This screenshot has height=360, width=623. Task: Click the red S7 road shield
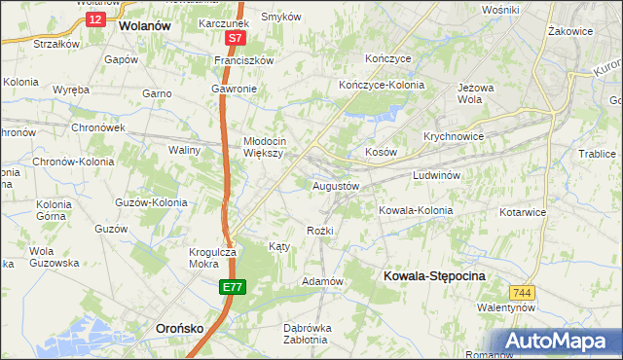coord(234,39)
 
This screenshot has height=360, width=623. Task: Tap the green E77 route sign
coord(232,287)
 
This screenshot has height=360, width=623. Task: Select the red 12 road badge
coord(93,18)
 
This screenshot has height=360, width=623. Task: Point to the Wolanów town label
coord(144,27)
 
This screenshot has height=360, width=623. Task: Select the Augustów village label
coord(336,185)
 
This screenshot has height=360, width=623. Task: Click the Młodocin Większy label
coord(263,145)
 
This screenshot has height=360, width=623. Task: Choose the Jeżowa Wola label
coord(470,92)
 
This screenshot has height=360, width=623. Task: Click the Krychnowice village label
coord(454,136)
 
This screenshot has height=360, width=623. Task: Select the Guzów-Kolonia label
coord(151,202)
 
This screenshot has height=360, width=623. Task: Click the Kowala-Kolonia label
coord(416,210)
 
